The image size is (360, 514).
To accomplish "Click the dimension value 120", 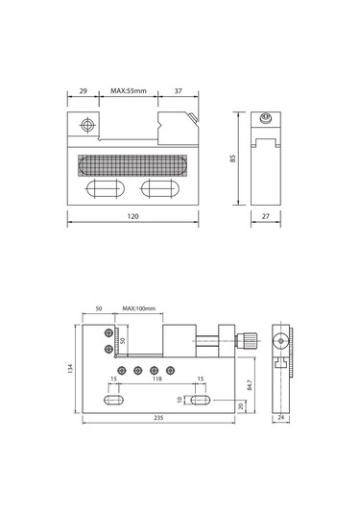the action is coord(132,216).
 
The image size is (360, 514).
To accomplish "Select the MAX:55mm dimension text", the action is coord(129,91).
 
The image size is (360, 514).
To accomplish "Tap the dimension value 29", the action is coord(84,91).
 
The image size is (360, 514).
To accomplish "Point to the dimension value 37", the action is coord(178,91).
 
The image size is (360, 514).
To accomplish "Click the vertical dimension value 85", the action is coord(233,159).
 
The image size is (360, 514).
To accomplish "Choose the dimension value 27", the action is coord(266,216).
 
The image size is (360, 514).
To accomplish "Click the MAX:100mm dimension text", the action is coord(139,308).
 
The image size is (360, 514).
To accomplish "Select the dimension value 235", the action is coord(158,418).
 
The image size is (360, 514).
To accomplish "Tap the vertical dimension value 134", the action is coord(71,369).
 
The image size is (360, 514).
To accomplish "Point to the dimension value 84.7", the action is coord(250,385).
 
